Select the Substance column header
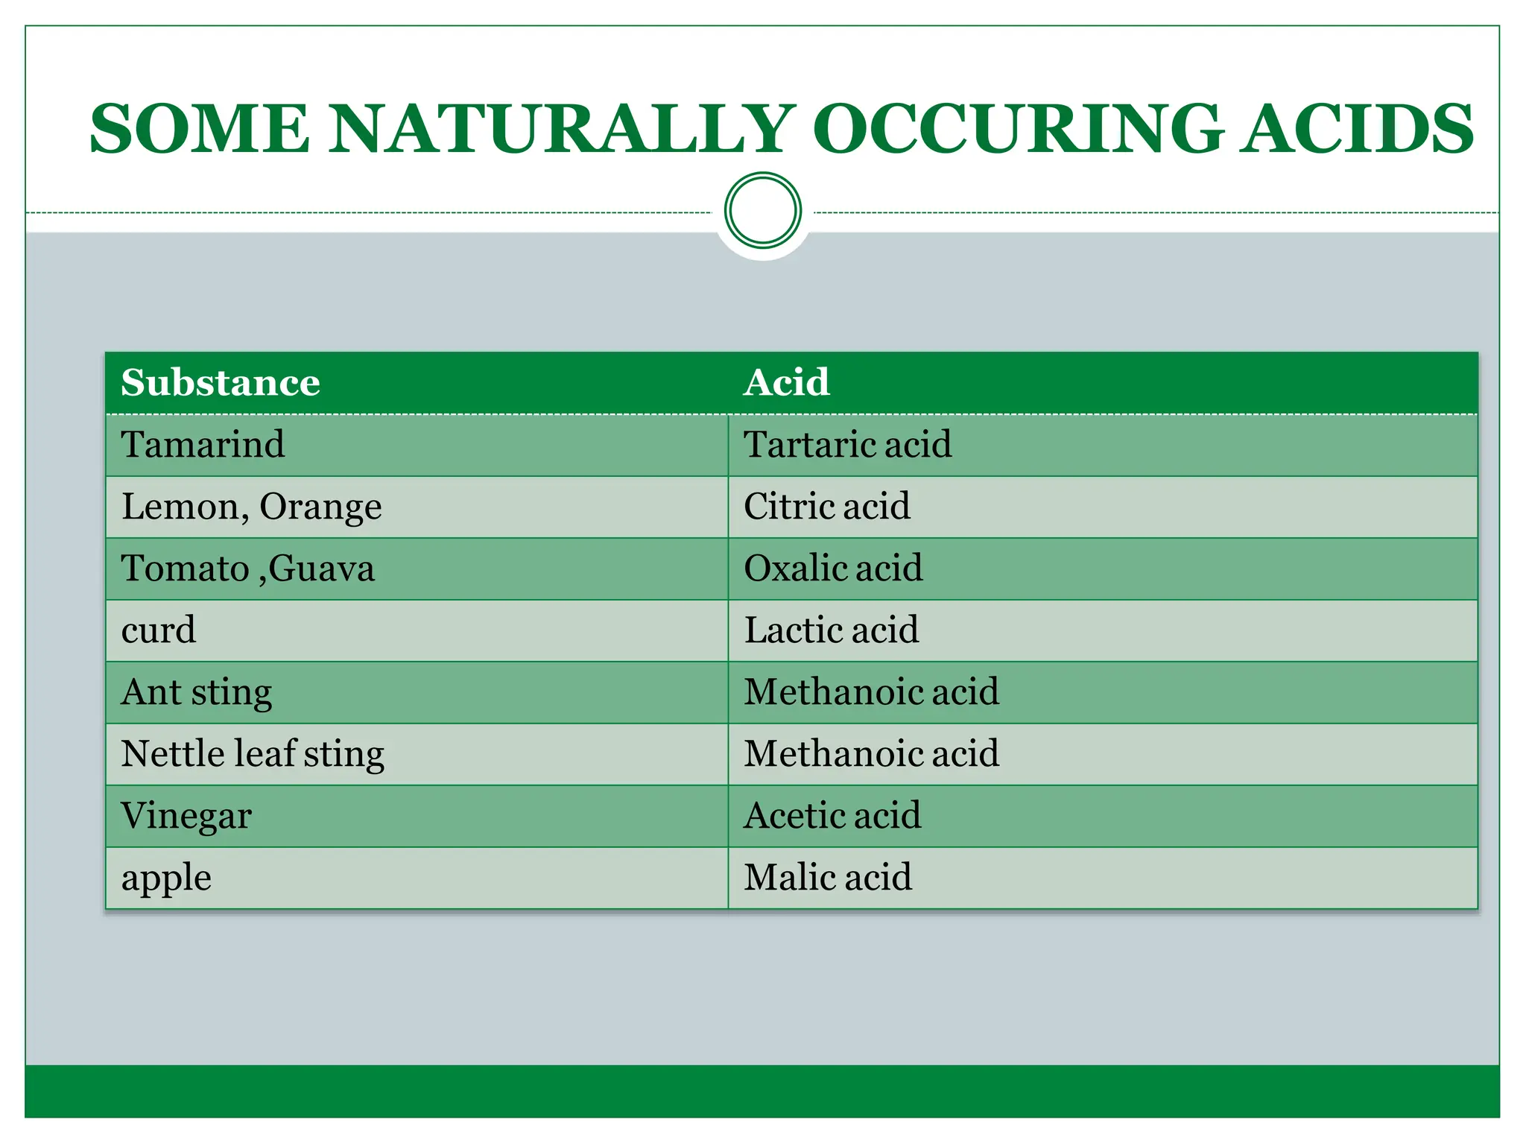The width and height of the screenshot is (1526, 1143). pyautogui.click(x=221, y=383)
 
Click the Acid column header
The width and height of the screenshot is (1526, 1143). pyautogui.click(x=786, y=383)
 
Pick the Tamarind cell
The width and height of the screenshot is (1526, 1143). pyautogui.click(x=203, y=445)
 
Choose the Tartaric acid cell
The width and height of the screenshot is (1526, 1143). pyautogui.click(x=847, y=445)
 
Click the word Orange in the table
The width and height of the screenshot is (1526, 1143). pyautogui.click(x=320, y=507)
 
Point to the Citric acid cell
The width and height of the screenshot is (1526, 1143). pyautogui.click(x=826, y=507)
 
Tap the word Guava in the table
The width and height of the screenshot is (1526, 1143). pyautogui.click(x=321, y=569)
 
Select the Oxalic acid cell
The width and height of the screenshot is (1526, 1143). pyautogui.click(x=833, y=569)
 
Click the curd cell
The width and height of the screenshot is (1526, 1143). pyautogui.click(x=158, y=630)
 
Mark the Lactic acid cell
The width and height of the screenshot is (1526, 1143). pyautogui.click(x=831, y=630)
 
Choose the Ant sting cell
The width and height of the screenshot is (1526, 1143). pyautogui.click(x=197, y=692)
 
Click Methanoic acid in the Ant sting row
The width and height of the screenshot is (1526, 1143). pyautogui.click(x=871, y=692)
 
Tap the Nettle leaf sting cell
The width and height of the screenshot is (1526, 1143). pyautogui.click(x=253, y=754)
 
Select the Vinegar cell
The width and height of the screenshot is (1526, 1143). pyautogui.click(x=186, y=816)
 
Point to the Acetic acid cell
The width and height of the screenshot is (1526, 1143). pyautogui.click(x=832, y=816)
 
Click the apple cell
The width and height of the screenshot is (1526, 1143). pyautogui.click(x=166, y=878)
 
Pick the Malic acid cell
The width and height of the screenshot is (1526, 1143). pyautogui.click(x=828, y=878)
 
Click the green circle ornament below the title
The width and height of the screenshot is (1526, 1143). pyautogui.click(x=762, y=210)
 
